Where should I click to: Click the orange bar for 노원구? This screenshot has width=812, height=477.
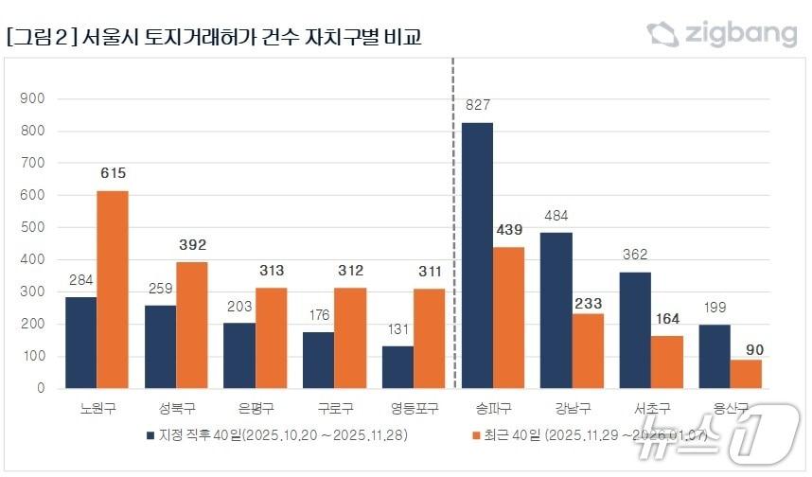[x=113, y=290]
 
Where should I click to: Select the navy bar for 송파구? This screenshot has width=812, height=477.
[x=477, y=256]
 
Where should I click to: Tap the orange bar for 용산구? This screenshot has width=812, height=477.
[x=746, y=374]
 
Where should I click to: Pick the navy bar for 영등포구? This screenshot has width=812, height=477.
[x=397, y=367]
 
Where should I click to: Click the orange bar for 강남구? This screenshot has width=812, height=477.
[x=588, y=351]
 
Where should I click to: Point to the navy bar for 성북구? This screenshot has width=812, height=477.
[x=160, y=346]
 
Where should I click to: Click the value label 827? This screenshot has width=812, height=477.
[x=477, y=105]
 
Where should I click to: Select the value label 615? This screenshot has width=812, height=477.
[x=113, y=173]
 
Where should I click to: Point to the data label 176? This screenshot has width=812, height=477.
[x=318, y=314]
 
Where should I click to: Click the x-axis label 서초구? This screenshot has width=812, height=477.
[x=651, y=410]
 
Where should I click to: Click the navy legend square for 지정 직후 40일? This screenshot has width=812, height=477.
[x=150, y=436]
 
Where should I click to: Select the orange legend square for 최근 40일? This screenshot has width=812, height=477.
[x=475, y=436]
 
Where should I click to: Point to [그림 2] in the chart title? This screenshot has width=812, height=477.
[x=41, y=38]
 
